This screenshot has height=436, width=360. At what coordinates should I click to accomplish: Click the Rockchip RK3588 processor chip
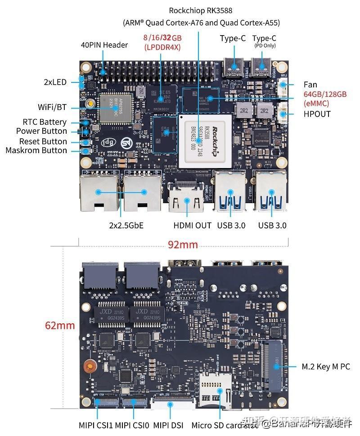[205, 141]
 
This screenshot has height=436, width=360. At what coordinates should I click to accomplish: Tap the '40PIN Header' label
[104, 45]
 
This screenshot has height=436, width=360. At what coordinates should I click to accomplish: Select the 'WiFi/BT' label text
[52, 107]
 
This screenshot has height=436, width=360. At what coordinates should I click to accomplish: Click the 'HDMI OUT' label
[192, 225]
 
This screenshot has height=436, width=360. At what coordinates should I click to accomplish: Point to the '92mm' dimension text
[183, 245]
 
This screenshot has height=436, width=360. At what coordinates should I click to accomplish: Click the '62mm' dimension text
[59, 325]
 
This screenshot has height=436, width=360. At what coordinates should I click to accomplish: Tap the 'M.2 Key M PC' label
[325, 367]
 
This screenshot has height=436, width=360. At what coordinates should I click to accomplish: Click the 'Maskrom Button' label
[36, 150]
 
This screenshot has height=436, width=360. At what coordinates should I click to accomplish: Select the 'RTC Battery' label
[45, 122]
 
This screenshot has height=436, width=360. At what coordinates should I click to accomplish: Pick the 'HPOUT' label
[317, 114]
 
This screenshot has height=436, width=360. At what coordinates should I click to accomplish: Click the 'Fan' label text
[310, 84]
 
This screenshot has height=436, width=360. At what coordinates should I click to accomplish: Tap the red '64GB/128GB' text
[325, 94]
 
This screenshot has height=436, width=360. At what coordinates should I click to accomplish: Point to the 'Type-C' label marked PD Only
[264, 39]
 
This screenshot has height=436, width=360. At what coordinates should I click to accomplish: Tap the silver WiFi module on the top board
[115, 109]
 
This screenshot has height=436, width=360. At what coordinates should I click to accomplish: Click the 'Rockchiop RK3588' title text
[201, 10]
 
